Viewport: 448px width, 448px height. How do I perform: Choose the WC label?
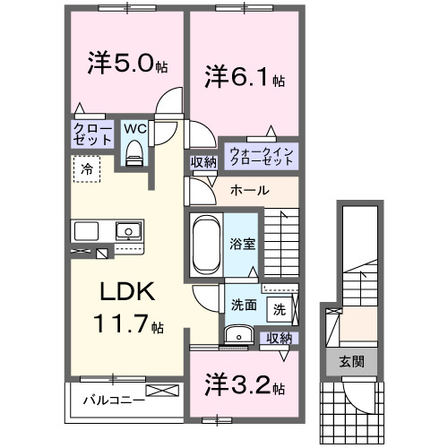click(134, 129)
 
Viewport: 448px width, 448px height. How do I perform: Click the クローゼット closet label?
click(92, 135)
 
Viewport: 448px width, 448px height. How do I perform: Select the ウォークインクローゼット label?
click(261, 154)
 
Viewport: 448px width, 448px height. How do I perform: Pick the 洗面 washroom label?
click(244, 304)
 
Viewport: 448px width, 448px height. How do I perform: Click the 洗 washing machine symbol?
click(280, 310)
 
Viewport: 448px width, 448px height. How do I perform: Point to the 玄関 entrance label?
click(351, 363)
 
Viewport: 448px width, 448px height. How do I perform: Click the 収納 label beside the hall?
click(202, 162)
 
